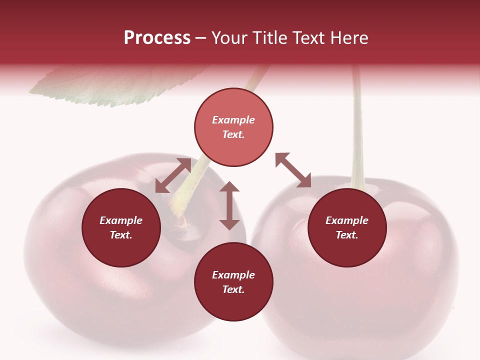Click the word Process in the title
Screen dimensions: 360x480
point(157,38)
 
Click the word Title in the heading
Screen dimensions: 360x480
point(270,38)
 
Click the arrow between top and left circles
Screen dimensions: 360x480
point(173,175)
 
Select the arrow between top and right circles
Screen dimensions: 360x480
point(293,170)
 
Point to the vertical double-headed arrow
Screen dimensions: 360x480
point(229,205)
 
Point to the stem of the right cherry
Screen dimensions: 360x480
point(357,130)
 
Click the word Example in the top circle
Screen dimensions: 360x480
point(233,120)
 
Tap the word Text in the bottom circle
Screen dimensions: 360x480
point(233,289)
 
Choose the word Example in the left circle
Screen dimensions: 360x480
point(121,220)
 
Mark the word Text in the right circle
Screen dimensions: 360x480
point(347,235)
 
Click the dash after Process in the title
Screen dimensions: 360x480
point(201,38)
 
